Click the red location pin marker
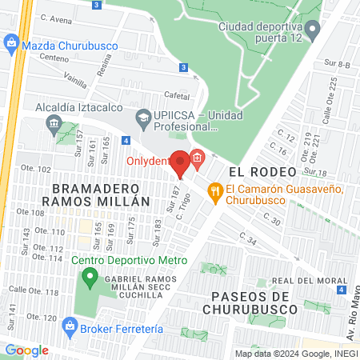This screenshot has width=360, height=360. coord(181,162)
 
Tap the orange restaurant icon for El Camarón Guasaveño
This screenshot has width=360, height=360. coord(214,190)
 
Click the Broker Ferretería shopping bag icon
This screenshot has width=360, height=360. coord(70,326)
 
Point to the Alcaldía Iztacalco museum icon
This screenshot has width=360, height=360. coord(54,123)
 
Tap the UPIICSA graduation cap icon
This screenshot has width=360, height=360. coord(143,118)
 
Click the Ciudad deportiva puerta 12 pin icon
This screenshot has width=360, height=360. coord(313,30)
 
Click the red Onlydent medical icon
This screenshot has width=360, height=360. coord(197,158)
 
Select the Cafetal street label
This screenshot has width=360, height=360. coord(177,94)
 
